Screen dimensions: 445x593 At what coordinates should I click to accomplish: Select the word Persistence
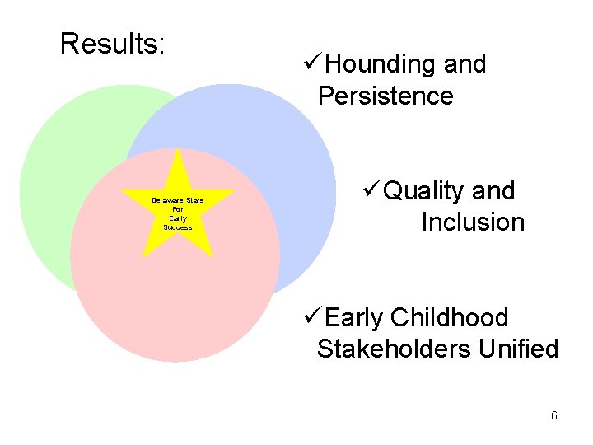pyautogui.click(x=385, y=96)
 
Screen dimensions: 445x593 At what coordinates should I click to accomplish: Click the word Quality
pyautogui.click(x=425, y=191)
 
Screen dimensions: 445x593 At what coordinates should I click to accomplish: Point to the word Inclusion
pyautogui.click(x=473, y=222)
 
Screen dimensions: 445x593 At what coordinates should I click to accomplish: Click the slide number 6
pyautogui.click(x=554, y=415)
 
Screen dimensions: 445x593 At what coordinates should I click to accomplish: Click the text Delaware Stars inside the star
pyautogui.click(x=178, y=201)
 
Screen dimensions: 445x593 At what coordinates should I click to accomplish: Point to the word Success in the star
pyautogui.click(x=178, y=227)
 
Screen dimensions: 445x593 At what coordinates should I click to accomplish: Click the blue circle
pyautogui.click(x=280, y=148)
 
